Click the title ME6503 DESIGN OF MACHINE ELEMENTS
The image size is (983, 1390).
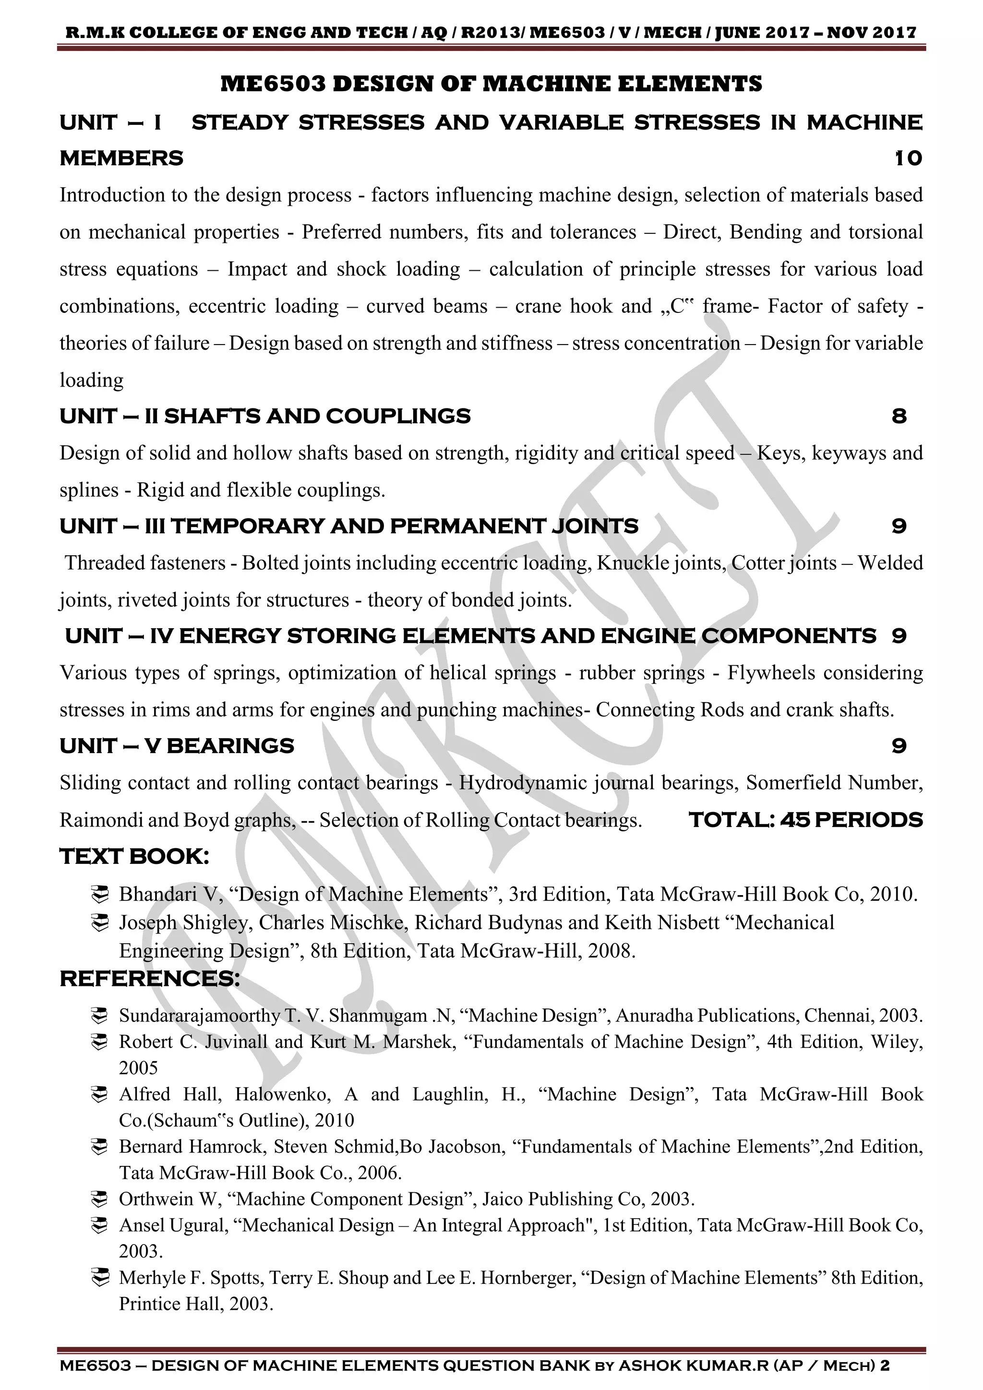491,84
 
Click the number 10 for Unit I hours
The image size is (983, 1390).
908,158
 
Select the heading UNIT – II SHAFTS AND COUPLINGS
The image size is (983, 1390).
264,417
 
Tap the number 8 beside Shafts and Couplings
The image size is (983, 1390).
899,417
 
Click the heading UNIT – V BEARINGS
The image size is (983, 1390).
177,746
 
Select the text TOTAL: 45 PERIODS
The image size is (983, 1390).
806,820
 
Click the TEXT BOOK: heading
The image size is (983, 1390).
134,857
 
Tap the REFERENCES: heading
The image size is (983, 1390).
149,979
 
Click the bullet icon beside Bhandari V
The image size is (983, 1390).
99,894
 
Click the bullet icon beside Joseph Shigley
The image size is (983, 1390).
99,923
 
